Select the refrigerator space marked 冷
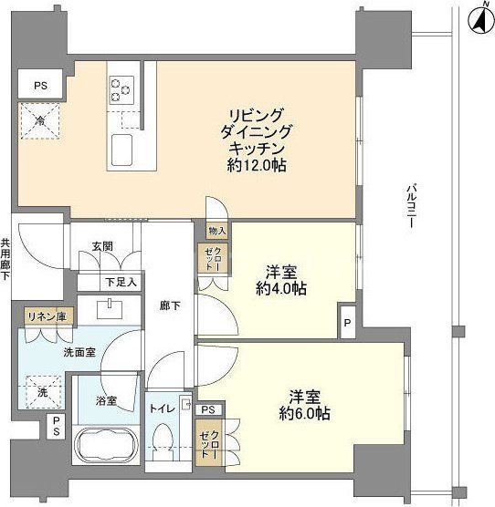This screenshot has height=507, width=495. coord(41,120)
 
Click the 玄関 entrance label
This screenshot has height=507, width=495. coord(102,245)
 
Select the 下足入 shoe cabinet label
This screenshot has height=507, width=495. coord(119,282)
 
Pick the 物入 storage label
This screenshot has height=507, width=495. coord(216,232)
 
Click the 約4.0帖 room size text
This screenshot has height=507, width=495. coord(280,290)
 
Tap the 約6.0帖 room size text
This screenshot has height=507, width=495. coord(305,413)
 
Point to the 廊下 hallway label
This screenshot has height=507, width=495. coord(170,306)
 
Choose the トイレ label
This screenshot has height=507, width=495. coord(164,408)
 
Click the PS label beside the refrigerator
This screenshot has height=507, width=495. coord(40,86)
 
